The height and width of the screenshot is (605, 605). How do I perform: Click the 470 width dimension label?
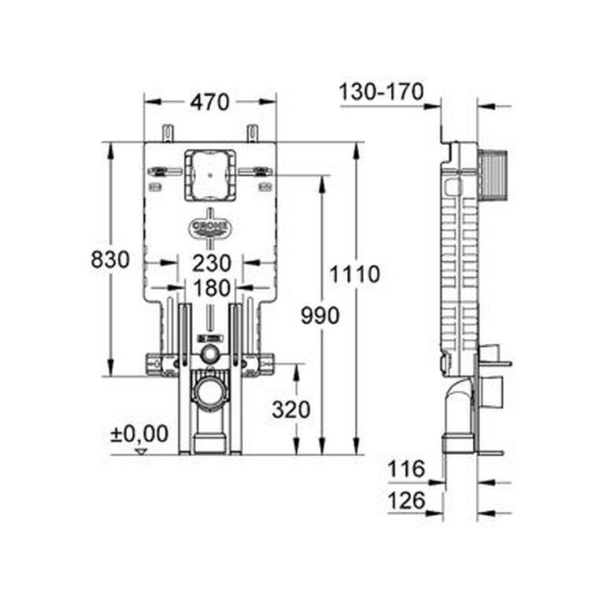209,102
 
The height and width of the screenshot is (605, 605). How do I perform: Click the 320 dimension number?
291,410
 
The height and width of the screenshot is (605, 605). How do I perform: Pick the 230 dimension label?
210,263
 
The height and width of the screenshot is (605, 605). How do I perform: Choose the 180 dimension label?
210,288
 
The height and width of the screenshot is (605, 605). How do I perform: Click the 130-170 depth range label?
381,92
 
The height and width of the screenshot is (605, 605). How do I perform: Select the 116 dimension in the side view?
407,469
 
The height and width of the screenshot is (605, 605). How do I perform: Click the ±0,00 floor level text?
139,434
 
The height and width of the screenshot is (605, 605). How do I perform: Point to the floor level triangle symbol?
142,451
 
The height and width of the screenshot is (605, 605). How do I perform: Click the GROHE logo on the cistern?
210,228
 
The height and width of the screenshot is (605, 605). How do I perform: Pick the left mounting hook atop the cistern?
167,133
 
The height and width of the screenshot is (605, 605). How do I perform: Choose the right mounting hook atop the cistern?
252,133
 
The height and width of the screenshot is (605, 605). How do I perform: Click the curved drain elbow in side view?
458,406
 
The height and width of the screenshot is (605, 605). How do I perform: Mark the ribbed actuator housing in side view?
494,171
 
